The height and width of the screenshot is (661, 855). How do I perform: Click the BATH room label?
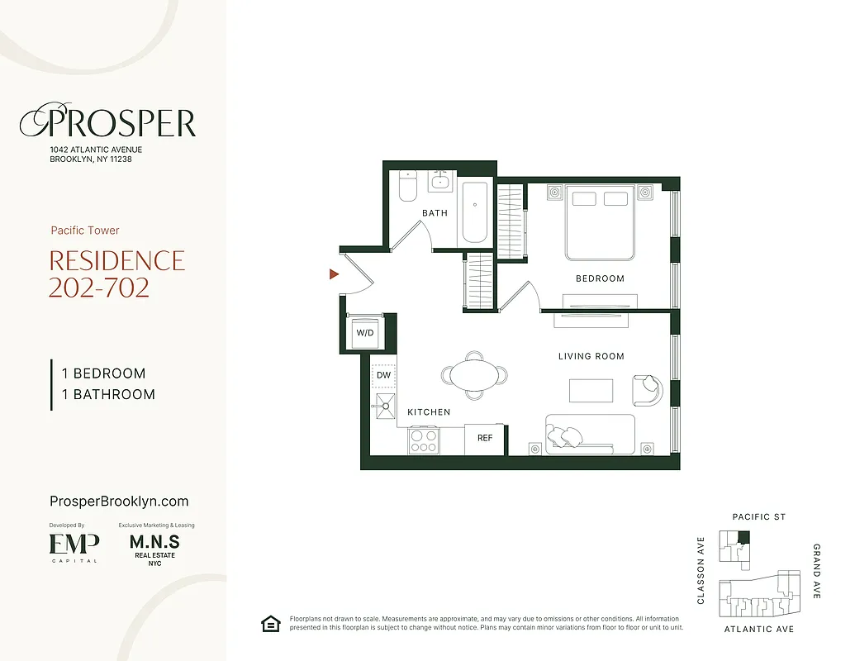click(x=435, y=213)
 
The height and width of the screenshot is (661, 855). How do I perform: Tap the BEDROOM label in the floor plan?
click(x=600, y=278)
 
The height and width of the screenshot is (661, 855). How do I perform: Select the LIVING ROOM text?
click(x=591, y=356)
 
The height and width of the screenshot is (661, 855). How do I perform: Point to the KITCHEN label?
click(x=429, y=411)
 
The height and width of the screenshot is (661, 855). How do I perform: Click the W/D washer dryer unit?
click(x=364, y=333)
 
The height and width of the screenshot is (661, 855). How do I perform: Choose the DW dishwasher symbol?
click(x=383, y=375)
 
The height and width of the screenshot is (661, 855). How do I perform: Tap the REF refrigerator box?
click(x=485, y=438)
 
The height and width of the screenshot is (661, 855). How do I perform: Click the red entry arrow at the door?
click(x=334, y=274)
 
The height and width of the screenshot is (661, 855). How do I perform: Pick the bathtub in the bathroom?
click(x=475, y=212)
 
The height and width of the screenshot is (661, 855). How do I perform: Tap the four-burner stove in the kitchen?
click(x=424, y=440)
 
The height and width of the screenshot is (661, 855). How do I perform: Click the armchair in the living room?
click(x=646, y=388)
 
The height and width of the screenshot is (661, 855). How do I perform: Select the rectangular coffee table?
click(x=591, y=390)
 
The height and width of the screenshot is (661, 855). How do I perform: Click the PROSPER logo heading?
click(x=107, y=123)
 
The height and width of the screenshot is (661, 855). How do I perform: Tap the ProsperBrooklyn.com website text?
click(x=119, y=502)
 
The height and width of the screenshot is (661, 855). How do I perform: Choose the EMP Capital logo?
click(x=74, y=546)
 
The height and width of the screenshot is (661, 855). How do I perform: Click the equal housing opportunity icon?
click(x=269, y=624)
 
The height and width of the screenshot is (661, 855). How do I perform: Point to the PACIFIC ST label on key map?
click(x=758, y=517)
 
